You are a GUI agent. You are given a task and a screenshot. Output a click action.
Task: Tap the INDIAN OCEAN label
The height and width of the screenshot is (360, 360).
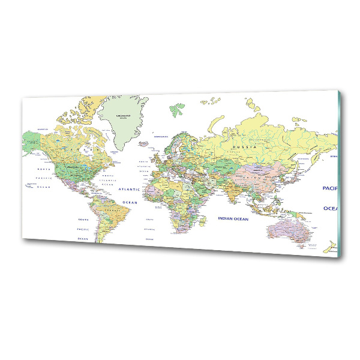(x=233, y=219)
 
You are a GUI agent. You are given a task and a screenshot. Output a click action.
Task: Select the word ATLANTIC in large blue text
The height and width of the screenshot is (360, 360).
(x=128, y=189)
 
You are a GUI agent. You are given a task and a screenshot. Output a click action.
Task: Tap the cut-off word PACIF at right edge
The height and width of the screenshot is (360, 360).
(x=329, y=188)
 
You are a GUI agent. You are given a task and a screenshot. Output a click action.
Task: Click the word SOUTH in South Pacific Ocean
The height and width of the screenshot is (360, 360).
(x=83, y=220)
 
